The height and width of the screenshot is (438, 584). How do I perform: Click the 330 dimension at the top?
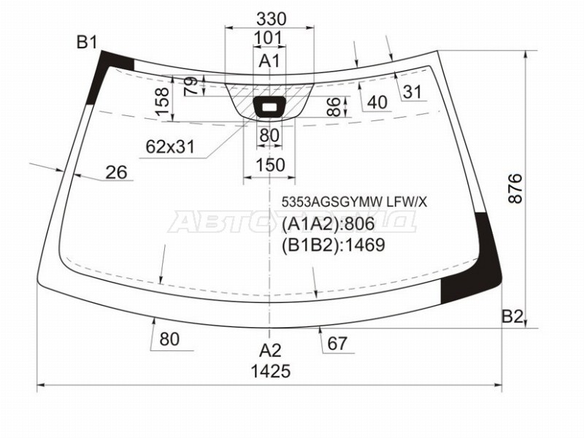point(271,19)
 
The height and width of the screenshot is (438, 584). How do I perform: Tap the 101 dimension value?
point(268,38)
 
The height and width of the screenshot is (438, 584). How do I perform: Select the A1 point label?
point(269,61)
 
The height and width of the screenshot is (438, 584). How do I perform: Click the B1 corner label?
point(86,42)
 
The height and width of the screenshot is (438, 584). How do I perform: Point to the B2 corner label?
point(512,317)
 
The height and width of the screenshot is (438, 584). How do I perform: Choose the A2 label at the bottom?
point(270,350)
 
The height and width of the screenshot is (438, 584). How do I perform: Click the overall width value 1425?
point(270,372)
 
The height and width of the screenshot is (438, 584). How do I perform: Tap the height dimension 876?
point(515,188)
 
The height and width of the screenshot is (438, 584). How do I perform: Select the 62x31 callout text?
point(170,147)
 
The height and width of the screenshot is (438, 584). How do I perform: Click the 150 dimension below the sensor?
point(270,165)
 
